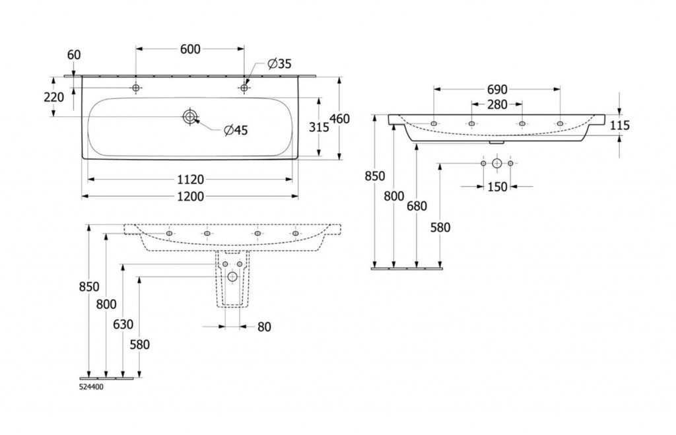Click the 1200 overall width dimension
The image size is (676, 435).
pyautogui.click(x=189, y=196)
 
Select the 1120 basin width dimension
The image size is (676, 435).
pyautogui.click(x=189, y=179)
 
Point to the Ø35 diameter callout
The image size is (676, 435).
pyautogui.click(x=279, y=64)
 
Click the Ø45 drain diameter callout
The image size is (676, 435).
pyautogui.click(x=236, y=131)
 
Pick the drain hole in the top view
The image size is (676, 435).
pyautogui.click(x=190, y=117)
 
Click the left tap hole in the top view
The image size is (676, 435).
pyautogui.click(x=136, y=88)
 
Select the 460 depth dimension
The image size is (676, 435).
pyautogui.click(x=339, y=119)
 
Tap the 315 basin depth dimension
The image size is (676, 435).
pyautogui.click(x=319, y=127)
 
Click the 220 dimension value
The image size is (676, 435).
pyautogui.click(x=53, y=98)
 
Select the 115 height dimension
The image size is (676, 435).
pyautogui.click(x=621, y=125)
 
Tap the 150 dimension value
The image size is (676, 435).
pyautogui.click(x=497, y=187)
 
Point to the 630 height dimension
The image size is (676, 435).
pyautogui.click(x=123, y=324)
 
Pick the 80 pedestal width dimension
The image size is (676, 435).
pyautogui.click(x=263, y=326)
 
